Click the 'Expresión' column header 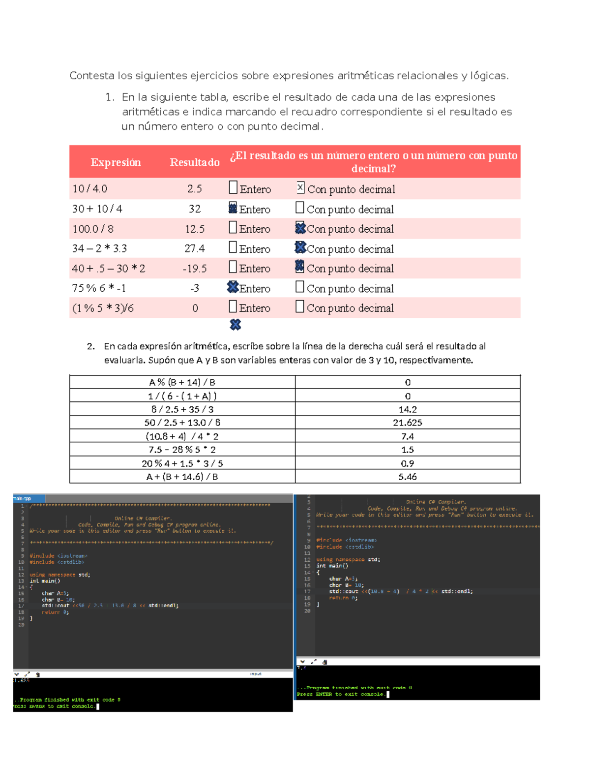[116, 162]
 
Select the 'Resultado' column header [195, 162]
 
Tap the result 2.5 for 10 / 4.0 [195, 189]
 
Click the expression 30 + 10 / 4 [97, 209]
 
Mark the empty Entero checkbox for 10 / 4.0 [233, 187]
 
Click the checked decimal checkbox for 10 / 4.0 [300, 187]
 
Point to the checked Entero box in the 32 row [233, 208]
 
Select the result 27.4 [195, 248]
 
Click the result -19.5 [195, 269]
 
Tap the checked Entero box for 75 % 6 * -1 [233, 287]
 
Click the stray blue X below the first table [236, 325]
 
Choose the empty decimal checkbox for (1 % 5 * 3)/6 [299, 307]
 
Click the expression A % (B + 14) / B [182, 382]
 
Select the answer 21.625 [408, 423]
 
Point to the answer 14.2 [408, 409]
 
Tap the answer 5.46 [408, 477]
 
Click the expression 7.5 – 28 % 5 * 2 [182, 450]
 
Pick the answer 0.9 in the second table [408, 463]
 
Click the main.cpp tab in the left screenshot [23, 498]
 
